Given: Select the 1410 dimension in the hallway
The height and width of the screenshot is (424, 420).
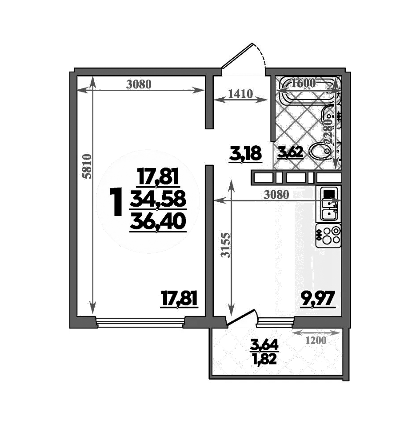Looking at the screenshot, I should (240, 94).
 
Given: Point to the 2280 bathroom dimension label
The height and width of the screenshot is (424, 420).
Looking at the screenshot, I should (328, 129).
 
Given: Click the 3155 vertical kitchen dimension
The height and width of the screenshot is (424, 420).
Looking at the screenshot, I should (227, 245).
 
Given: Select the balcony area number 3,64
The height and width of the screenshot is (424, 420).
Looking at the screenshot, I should (265, 344).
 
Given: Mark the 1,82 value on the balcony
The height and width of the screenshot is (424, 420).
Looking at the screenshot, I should (265, 358).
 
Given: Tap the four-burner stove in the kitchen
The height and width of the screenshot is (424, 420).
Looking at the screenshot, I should (328, 236).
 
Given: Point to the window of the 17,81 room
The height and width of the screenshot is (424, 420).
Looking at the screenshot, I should (140, 321).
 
